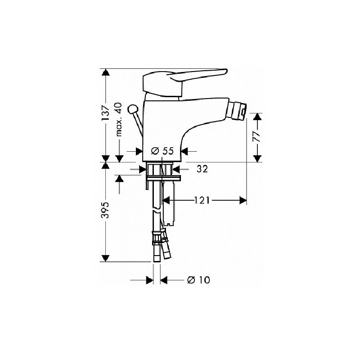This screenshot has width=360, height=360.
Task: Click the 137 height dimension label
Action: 106,113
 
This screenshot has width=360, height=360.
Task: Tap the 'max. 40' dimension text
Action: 118,120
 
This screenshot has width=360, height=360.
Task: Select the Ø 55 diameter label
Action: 162,151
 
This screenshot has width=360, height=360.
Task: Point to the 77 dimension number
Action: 257,137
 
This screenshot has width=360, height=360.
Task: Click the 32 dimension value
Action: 202,169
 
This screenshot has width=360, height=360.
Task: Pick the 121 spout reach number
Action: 202,200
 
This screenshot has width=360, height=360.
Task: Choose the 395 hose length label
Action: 106,210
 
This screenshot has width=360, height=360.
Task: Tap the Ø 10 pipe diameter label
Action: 198,280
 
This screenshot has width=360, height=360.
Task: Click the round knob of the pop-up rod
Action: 133,109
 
